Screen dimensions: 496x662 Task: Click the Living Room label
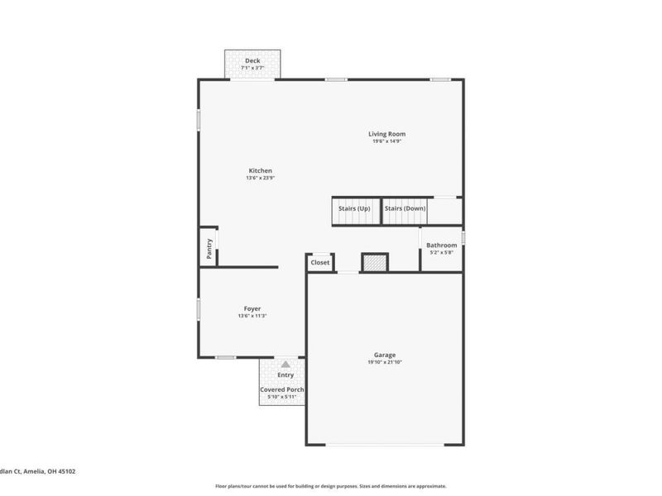(x=386, y=134)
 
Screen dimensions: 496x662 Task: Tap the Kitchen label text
(x=260, y=171)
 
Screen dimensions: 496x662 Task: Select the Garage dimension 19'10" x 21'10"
(x=385, y=362)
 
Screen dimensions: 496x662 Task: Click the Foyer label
(x=252, y=308)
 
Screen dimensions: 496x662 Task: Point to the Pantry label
(x=209, y=249)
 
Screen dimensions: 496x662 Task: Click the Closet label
(x=319, y=263)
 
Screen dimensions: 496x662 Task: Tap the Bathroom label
(x=441, y=245)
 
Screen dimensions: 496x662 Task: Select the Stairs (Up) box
(x=354, y=209)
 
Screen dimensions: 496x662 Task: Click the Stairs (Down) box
(x=405, y=209)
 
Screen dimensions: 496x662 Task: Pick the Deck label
(x=252, y=60)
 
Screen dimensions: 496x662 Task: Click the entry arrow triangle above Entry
(x=285, y=364)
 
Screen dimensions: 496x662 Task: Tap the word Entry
(x=285, y=375)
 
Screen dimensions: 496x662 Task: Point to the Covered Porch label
(x=282, y=389)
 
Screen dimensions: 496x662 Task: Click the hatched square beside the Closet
(x=375, y=263)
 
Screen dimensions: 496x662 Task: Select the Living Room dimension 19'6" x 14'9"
(x=386, y=141)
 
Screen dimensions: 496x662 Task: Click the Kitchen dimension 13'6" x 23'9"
(x=260, y=178)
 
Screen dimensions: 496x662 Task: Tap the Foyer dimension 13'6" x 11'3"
(x=252, y=316)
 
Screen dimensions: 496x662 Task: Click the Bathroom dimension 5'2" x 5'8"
(x=441, y=252)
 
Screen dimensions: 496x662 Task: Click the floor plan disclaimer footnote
(x=331, y=486)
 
